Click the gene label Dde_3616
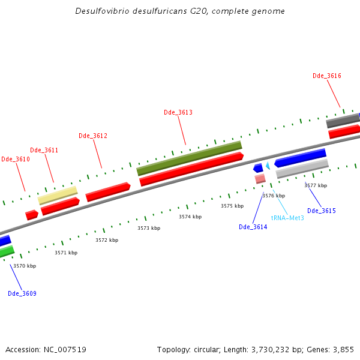coord(327,76)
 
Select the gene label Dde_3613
coord(178,112)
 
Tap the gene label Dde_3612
coord(93,136)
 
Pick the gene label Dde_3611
coord(44,150)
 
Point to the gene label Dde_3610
coord(15,159)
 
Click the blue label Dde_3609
coord(22,293)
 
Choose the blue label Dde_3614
coord(253,227)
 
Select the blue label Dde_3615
coord(322,211)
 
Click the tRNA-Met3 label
coord(287,218)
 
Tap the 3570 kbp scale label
coord(25,266)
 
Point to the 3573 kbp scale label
coord(149,228)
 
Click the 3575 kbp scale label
coord(232,206)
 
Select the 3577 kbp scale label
coord(316,185)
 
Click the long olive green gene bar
coord(189,158)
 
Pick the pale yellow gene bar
coord(58,195)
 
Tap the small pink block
coord(260,179)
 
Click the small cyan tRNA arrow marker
coord(268,165)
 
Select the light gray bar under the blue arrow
coord(302,168)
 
